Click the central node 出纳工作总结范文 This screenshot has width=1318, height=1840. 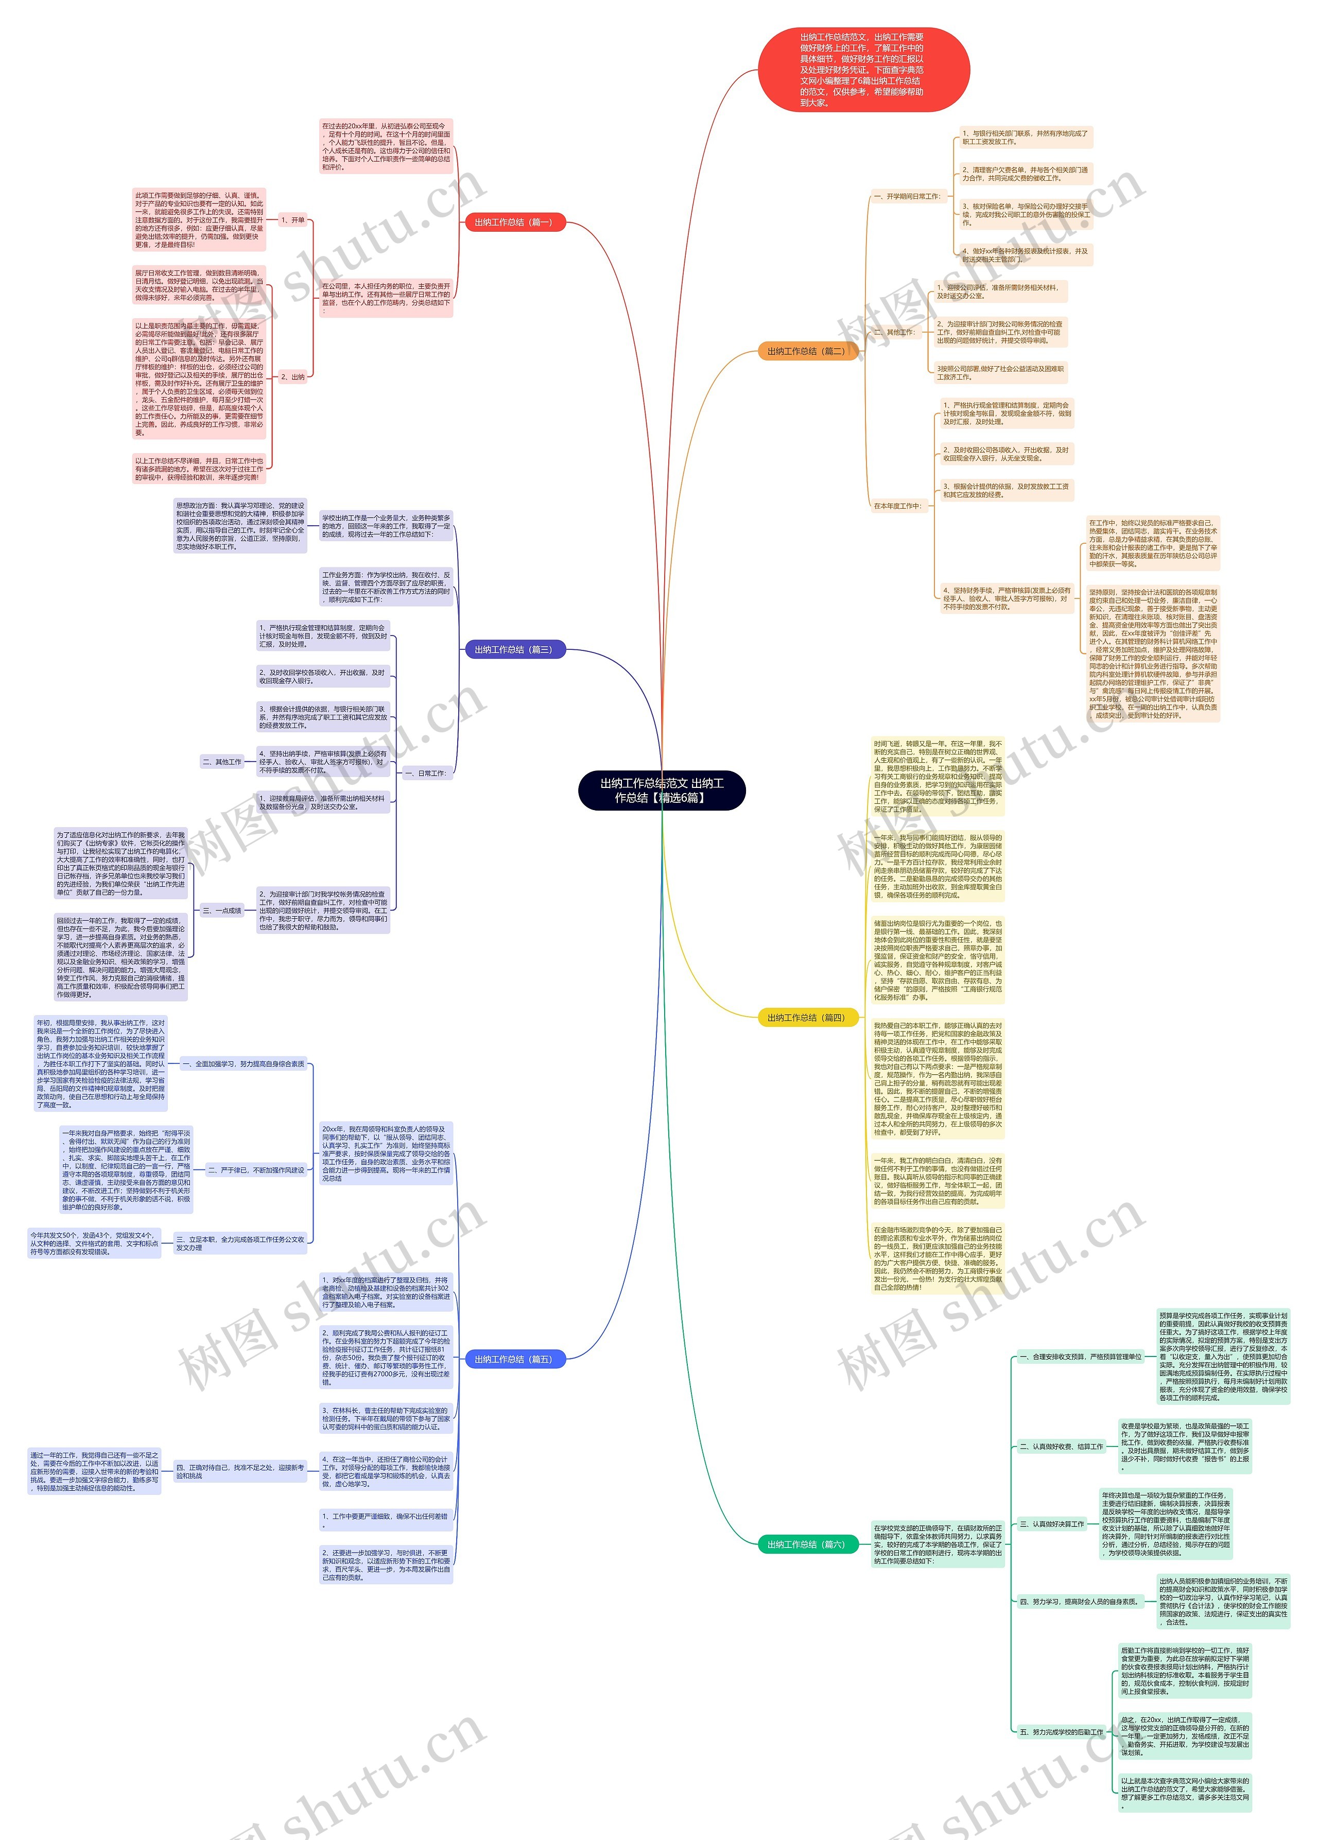point(661,789)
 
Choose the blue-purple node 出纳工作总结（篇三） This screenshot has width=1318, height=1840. point(514,649)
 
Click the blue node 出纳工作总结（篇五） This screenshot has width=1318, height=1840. point(514,1359)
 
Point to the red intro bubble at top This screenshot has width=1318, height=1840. point(863,70)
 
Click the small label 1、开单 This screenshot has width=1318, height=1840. point(293,220)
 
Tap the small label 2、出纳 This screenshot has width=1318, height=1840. point(293,376)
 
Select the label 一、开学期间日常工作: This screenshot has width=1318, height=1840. point(907,196)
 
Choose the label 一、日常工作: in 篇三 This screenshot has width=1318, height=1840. point(425,773)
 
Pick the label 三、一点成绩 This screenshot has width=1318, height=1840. point(221,910)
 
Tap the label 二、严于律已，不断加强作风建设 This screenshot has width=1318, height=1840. point(255,1170)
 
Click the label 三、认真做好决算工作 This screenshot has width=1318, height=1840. point(1051,1524)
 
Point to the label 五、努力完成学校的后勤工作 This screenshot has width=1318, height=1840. point(1061,1732)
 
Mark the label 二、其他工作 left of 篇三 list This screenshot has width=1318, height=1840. point(221,762)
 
